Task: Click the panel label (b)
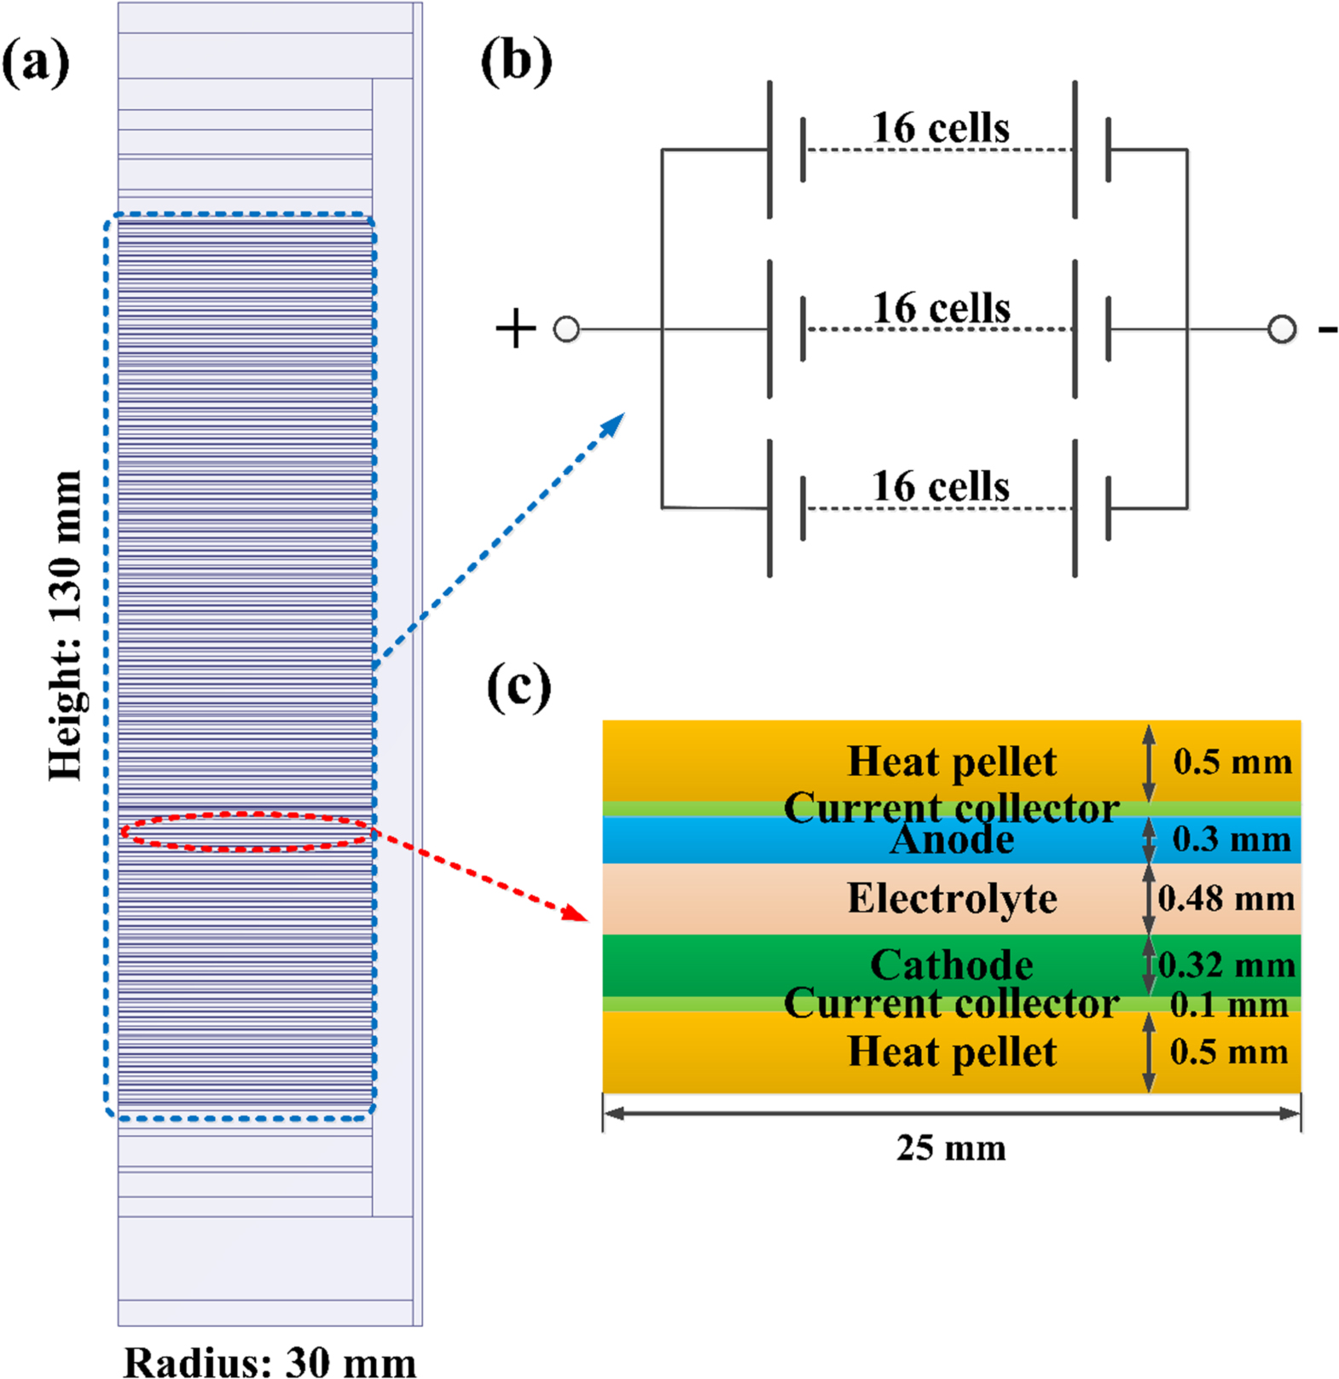(x=516, y=63)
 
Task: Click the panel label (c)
(x=519, y=688)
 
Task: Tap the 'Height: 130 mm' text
(x=65, y=625)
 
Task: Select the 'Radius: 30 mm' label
(x=270, y=1360)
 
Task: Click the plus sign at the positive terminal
(x=516, y=329)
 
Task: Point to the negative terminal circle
(x=1281, y=329)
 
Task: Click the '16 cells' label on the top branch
(x=940, y=128)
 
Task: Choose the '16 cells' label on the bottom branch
(x=940, y=486)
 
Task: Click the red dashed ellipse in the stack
(x=246, y=831)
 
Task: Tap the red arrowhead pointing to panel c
(x=577, y=914)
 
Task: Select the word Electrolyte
(x=952, y=898)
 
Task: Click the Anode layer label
(x=952, y=840)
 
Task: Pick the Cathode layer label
(x=952, y=965)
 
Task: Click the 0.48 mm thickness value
(x=1226, y=898)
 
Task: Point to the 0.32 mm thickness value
(x=1226, y=965)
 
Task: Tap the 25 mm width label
(x=951, y=1148)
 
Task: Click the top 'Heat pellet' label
(x=952, y=762)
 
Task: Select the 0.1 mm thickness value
(x=1228, y=1005)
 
